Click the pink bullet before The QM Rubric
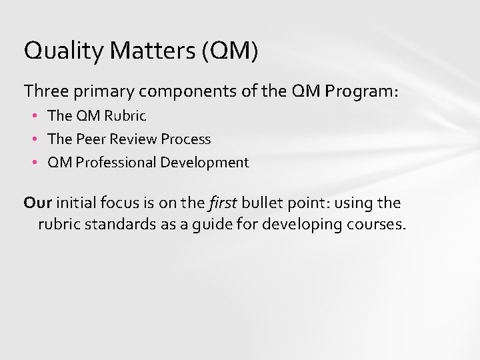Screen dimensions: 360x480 [35, 116]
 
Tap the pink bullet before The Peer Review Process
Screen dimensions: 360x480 [35, 139]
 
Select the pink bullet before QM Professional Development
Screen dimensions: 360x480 [35, 163]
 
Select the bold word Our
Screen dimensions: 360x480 [37, 202]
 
